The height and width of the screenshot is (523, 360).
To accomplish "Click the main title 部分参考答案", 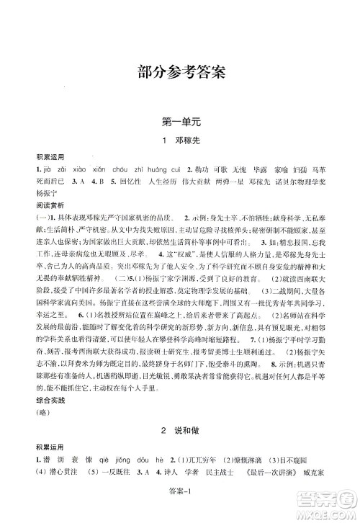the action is (180, 72).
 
